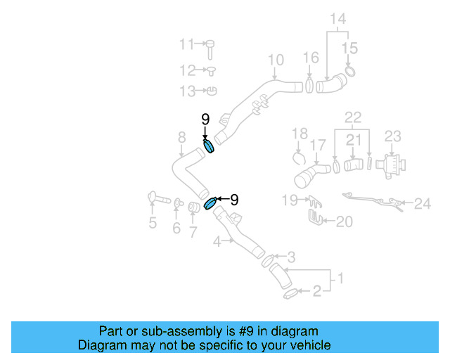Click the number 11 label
[x=186, y=44]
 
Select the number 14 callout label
[x=338, y=19]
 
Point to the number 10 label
[x=276, y=60]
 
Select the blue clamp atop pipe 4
[x=211, y=204]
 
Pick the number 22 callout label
[x=352, y=116]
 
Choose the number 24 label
[x=422, y=204]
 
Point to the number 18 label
[x=300, y=134]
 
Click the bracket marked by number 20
[x=316, y=219]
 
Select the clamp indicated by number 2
[x=290, y=294]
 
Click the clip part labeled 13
[x=212, y=90]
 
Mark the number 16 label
[x=311, y=58]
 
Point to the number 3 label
[x=290, y=257]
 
